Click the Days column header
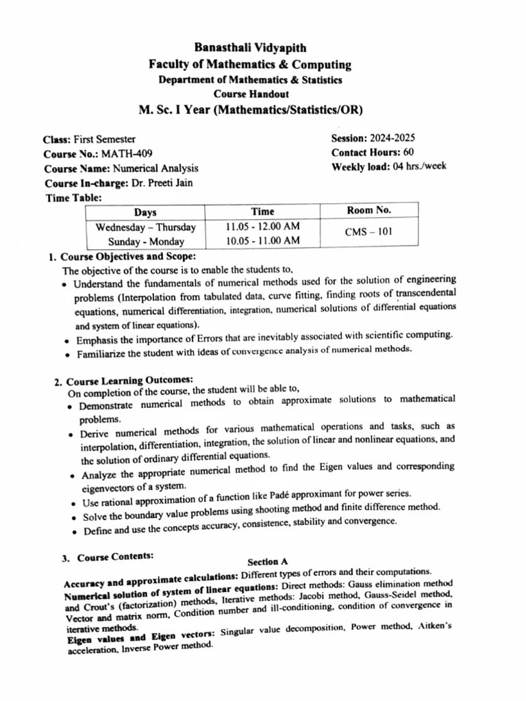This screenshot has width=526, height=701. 145,213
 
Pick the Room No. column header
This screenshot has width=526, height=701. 369,210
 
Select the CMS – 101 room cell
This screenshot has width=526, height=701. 368,231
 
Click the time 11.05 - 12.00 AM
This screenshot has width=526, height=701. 262,227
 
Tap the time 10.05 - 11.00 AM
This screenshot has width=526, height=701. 262,240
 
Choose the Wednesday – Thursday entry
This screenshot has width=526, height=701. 146,227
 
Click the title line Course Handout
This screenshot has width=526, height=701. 251,94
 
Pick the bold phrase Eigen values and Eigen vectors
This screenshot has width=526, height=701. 140,637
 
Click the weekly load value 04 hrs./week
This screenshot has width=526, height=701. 416,166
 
